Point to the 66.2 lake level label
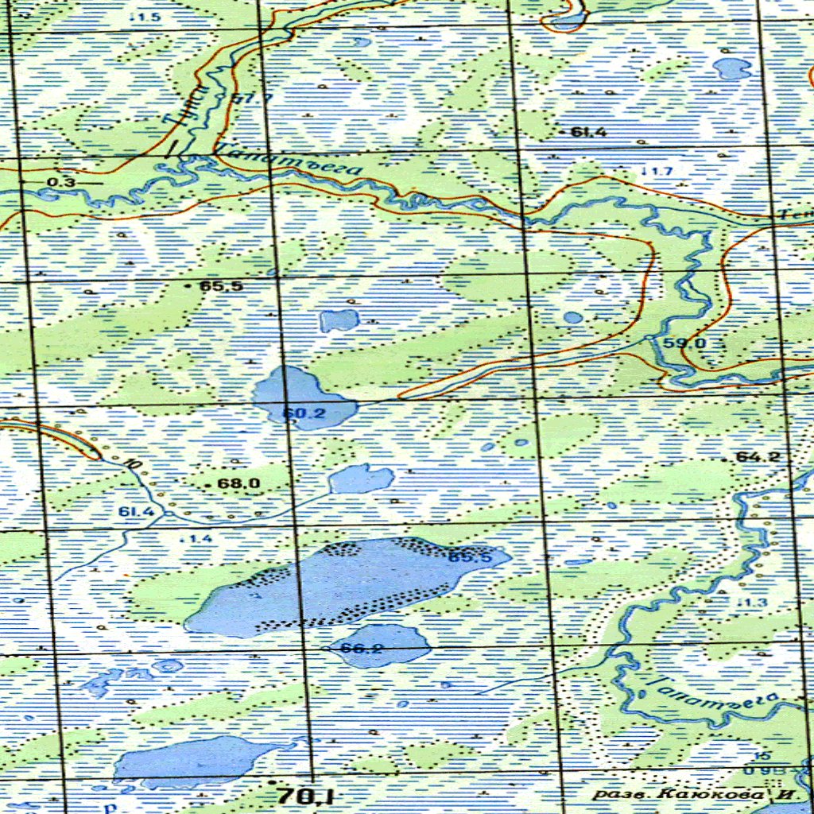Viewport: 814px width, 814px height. pos(361,648)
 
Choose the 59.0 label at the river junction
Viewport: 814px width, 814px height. pos(684,343)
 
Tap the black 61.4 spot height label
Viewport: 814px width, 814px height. pos(588,132)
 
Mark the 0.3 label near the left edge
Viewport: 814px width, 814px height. pos(61,183)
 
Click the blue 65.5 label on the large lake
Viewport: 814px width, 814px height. pos(470,557)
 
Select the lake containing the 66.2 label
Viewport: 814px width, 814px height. pos(382,644)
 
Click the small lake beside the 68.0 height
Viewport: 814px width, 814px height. pos(362,479)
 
